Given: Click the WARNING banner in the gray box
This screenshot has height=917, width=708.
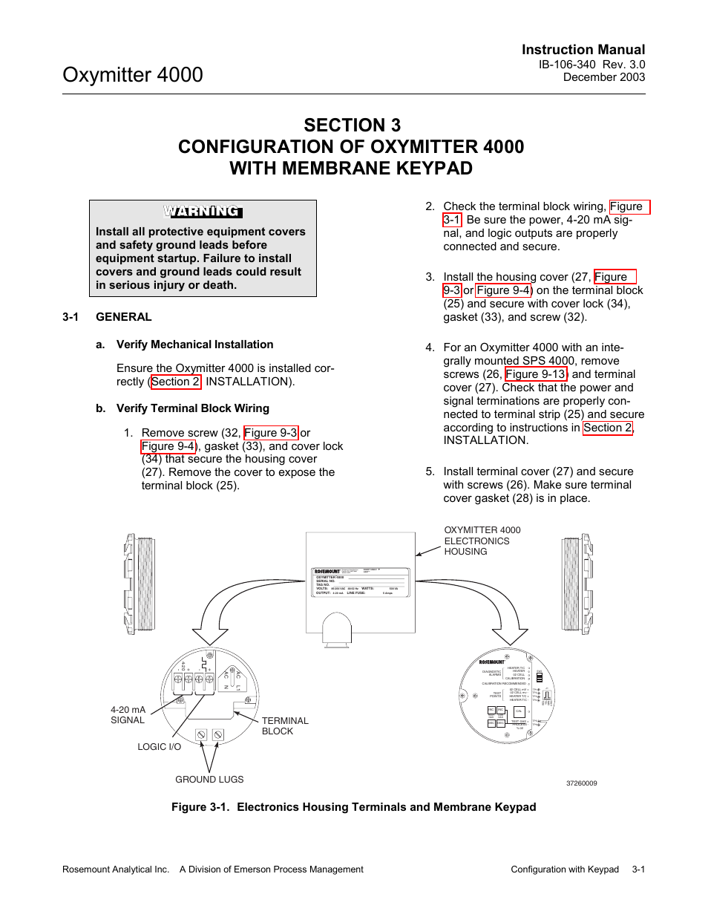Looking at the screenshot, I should coord(203,212).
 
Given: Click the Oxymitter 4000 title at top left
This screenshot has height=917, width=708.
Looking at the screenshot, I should coord(133,75).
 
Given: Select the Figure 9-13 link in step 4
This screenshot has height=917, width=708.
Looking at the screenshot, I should coord(536,374).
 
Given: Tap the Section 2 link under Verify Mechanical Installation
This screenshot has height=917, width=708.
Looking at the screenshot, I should coord(175,382).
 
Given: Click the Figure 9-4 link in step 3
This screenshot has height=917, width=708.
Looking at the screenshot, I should coord(503,290).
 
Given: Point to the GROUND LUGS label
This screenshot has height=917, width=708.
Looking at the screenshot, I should coord(209,780).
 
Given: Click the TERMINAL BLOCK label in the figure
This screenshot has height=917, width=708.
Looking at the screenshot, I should coord(284,726).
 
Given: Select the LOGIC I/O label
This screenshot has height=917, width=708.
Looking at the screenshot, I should coord(159,747).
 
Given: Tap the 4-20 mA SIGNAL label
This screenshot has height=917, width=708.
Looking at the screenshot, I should coord(128,715).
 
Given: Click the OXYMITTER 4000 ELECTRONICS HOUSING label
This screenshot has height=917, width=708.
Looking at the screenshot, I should coord(482,541).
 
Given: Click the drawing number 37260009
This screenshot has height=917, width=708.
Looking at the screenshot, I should coord(581,783).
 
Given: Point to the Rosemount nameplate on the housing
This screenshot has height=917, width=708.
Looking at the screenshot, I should coord(361,583).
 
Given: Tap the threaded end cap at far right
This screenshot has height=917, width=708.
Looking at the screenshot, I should coord(577,584).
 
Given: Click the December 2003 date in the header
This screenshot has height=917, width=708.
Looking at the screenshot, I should coord(603,77).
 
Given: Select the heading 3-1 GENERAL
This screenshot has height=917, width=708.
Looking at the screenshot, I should coord(107,317).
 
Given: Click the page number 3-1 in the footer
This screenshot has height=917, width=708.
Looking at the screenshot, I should coord(638,869).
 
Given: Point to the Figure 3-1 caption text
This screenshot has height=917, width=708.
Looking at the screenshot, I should coord(353,807).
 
